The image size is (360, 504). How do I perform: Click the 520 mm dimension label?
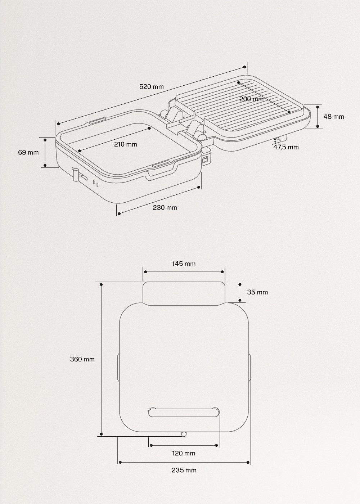(x=151, y=86)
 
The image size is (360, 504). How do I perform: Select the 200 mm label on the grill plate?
(x=252, y=99)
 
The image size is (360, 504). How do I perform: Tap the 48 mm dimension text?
(x=333, y=116)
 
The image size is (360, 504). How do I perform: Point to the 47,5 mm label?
(x=286, y=147)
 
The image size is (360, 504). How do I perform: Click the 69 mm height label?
(x=28, y=152)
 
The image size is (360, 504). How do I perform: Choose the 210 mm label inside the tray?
(x=125, y=144)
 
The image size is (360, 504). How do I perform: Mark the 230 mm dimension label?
(x=165, y=207)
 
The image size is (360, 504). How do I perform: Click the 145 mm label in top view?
(x=184, y=264)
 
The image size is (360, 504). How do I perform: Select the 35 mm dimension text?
(x=257, y=292)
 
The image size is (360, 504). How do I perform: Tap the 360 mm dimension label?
(x=82, y=359)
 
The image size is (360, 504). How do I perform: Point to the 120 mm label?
(x=184, y=453)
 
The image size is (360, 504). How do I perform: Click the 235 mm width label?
(x=184, y=470)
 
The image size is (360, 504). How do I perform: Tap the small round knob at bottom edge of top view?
(x=184, y=434)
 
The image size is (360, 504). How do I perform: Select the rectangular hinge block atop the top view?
(x=184, y=293)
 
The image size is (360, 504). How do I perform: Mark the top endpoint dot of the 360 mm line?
(x=102, y=284)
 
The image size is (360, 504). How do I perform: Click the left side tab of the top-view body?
(x=118, y=366)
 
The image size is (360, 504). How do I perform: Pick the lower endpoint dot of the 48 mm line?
(x=318, y=126)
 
